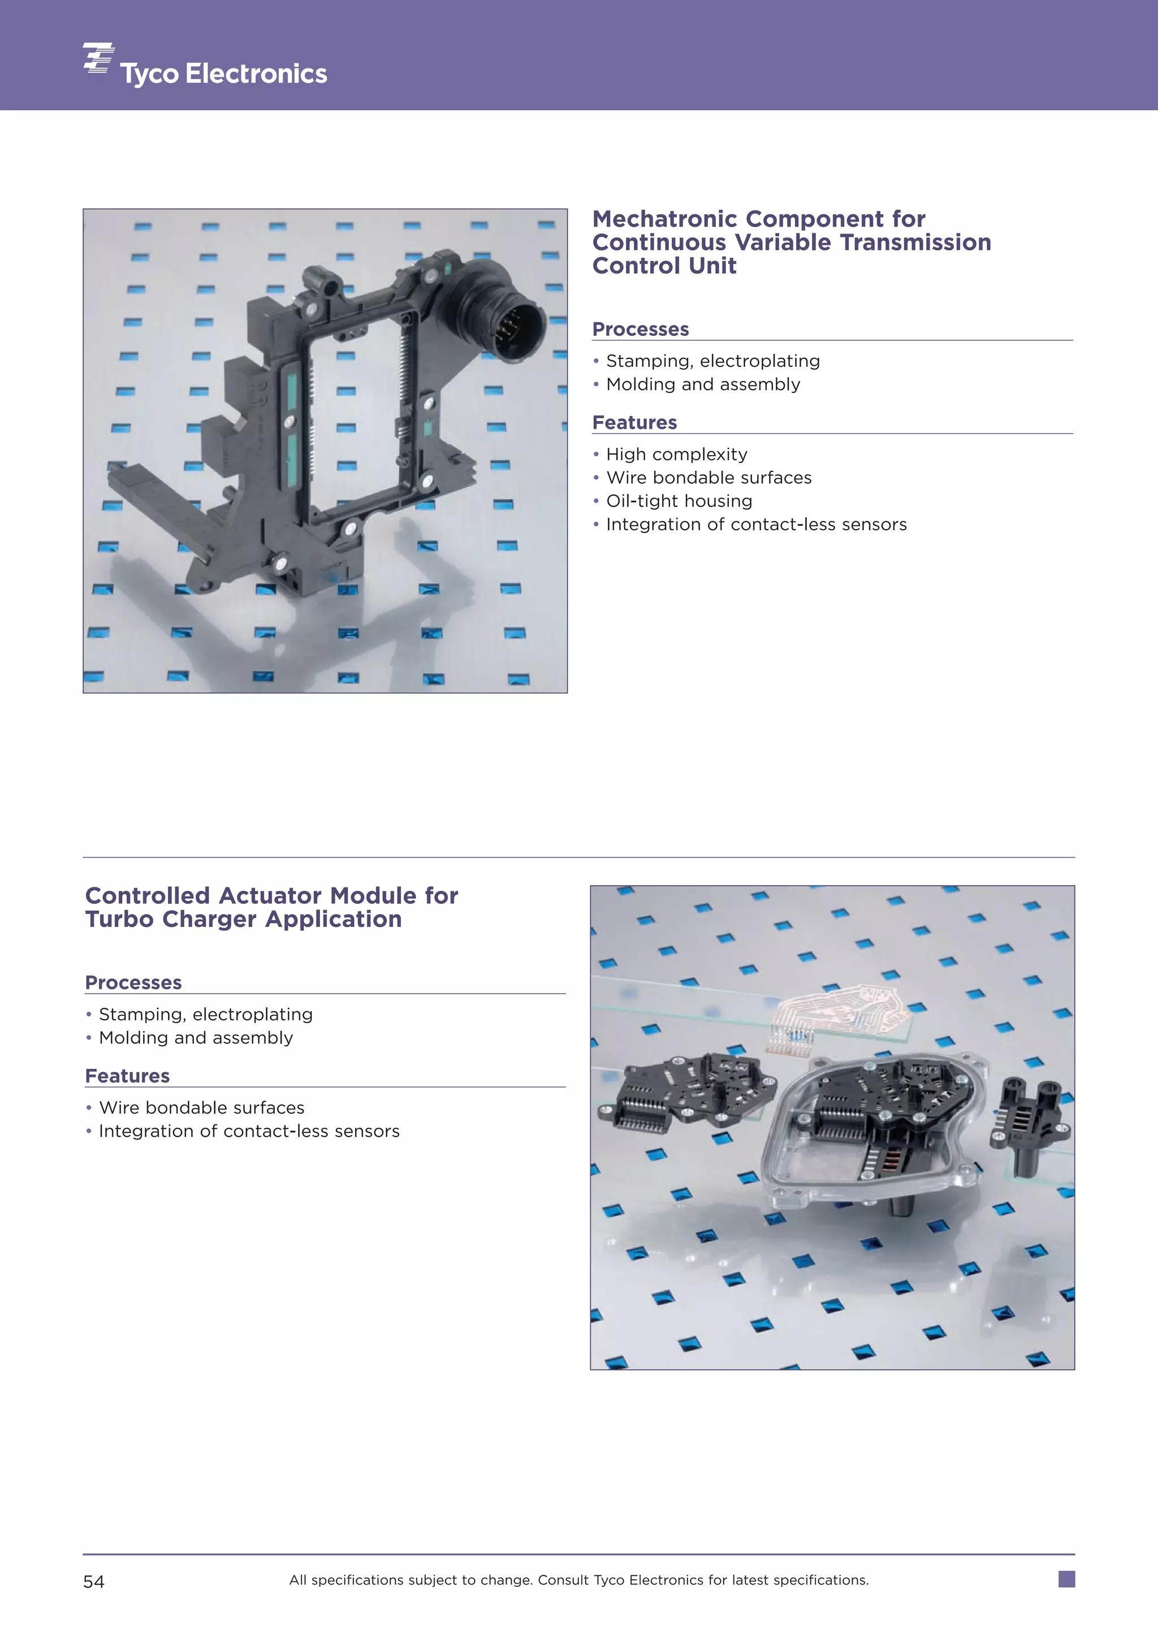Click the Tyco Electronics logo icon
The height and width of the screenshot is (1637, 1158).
pyautogui.click(x=98, y=58)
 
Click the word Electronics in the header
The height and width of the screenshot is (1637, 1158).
pyautogui.click(x=256, y=74)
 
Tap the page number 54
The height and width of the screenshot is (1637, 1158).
pyautogui.click(x=93, y=1582)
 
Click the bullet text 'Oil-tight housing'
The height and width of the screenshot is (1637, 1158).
pyautogui.click(x=679, y=501)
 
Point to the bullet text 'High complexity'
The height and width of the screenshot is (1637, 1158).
pyautogui.click(x=676, y=455)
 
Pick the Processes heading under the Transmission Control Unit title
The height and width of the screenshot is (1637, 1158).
pyautogui.click(x=640, y=330)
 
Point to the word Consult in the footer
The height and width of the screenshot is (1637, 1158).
pyautogui.click(x=563, y=1580)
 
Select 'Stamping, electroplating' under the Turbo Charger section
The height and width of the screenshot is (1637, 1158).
pyautogui.click(x=205, y=1015)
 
